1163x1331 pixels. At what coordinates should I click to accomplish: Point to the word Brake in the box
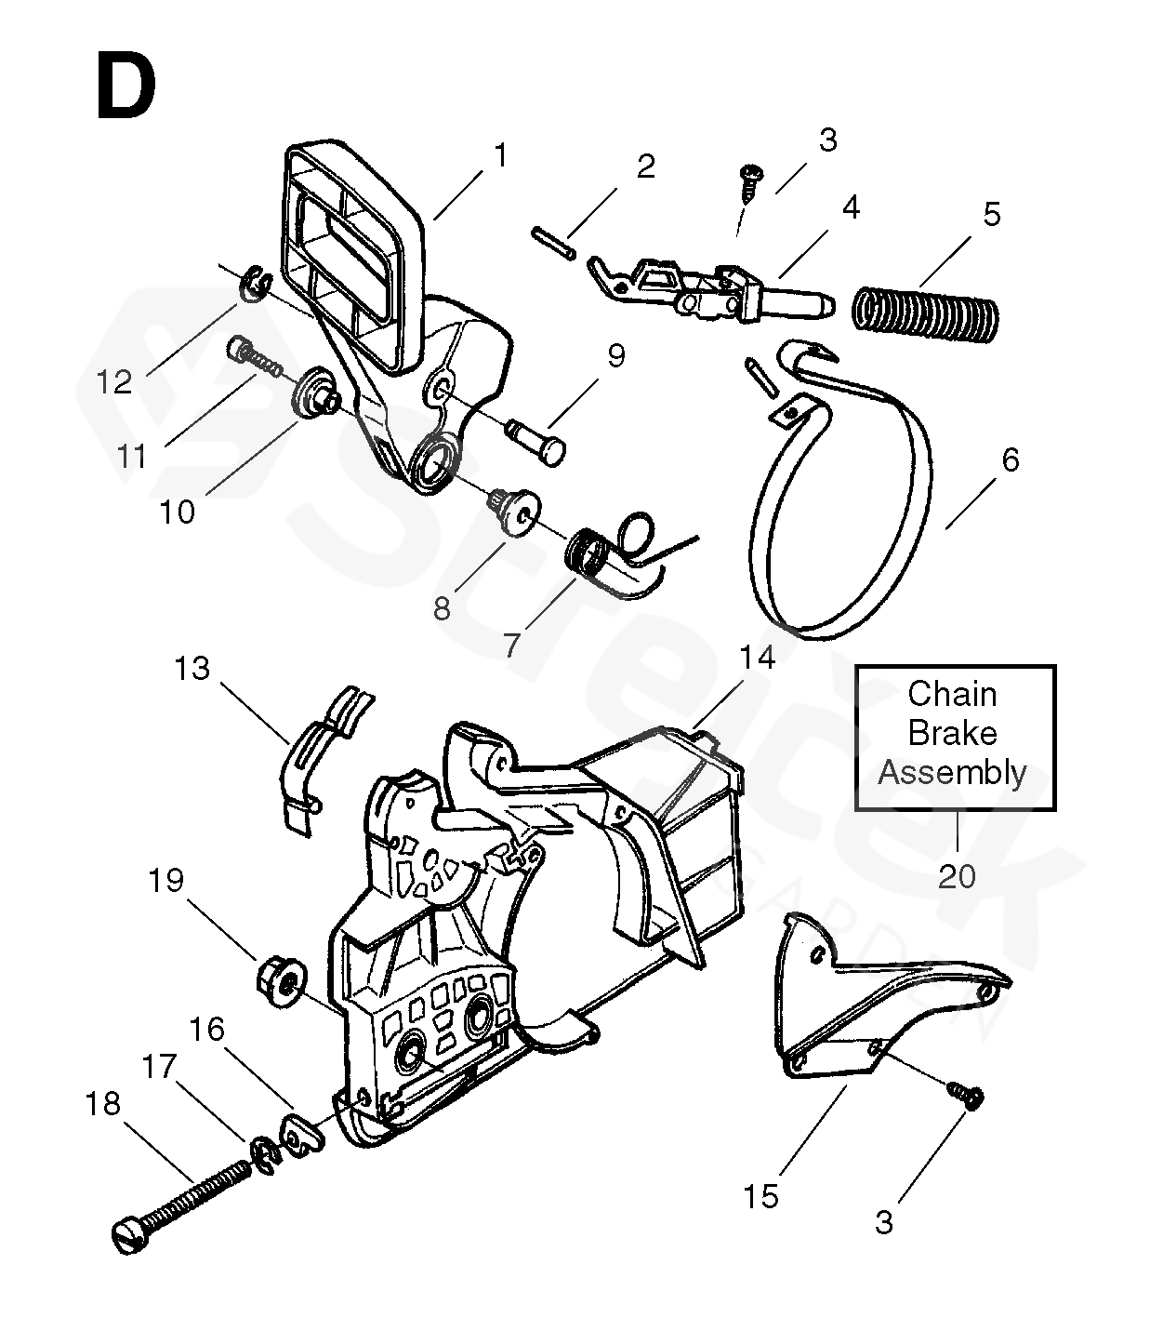[x=952, y=734]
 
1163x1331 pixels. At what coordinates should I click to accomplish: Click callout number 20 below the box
[x=957, y=876]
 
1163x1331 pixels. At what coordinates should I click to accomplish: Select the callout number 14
[x=757, y=659]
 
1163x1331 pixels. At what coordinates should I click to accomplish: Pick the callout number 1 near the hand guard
[x=500, y=155]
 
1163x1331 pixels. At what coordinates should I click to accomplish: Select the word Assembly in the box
[x=952, y=773]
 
